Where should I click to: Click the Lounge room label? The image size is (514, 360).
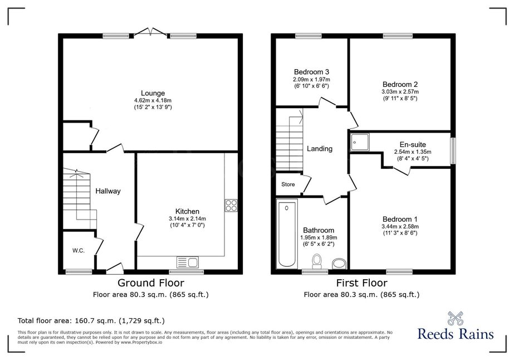tap(153, 93)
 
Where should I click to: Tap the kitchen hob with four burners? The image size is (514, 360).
tap(231, 206)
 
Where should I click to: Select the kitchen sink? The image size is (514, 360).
tap(188, 262)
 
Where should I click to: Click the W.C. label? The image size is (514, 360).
tap(79, 251)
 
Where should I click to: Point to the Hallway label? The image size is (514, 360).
tap(108, 191)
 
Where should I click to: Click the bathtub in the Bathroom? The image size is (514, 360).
tap(287, 234)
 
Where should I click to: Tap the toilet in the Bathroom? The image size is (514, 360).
tap(317, 261)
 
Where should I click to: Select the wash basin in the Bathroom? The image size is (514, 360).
tap(339, 264)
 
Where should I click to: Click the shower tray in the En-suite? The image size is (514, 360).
tap(359, 142)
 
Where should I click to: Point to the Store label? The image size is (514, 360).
tap(288, 184)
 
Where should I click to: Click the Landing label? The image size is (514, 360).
tap(320, 149)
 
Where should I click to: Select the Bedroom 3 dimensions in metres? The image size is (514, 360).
tap(311, 80)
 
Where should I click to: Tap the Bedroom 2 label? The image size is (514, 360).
tap(400, 84)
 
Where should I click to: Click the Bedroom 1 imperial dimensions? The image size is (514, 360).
tap(400, 233)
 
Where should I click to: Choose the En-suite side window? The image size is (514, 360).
tap(453, 150)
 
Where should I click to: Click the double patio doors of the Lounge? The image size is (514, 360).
tap(151, 32)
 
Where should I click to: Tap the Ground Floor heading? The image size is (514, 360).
tap(151, 283)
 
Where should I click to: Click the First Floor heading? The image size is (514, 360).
tap(362, 283)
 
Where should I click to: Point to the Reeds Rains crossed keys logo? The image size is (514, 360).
tap(456, 318)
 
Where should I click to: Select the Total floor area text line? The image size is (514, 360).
tap(91, 320)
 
